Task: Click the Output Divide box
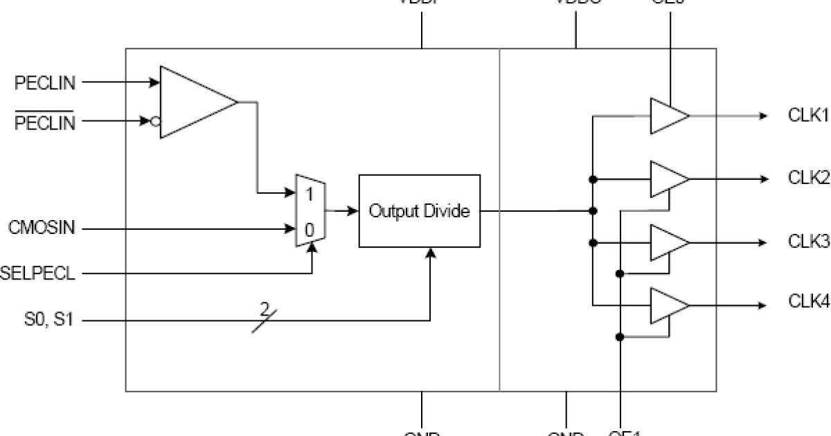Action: tap(419, 211)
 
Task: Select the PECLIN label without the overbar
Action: tap(44, 83)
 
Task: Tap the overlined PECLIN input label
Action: tap(44, 122)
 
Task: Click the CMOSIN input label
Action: tap(41, 228)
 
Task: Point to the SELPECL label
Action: tap(38, 273)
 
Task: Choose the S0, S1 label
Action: tap(44, 320)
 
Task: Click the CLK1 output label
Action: tap(808, 116)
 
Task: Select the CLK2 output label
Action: tap(808, 178)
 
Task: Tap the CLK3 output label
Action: tap(808, 242)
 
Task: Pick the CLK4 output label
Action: tap(808, 302)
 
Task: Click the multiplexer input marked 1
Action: tap(310, 194)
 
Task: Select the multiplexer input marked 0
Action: tap(310, 228)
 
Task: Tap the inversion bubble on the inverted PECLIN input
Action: tap(155, 122)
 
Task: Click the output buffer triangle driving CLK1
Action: tap(665, 116)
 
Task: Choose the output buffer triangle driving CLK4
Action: tap(665, 306)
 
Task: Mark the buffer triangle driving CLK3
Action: tap(665, 242)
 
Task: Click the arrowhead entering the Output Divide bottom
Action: tap(430, 254)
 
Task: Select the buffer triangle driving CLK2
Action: tap(665, 179)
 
